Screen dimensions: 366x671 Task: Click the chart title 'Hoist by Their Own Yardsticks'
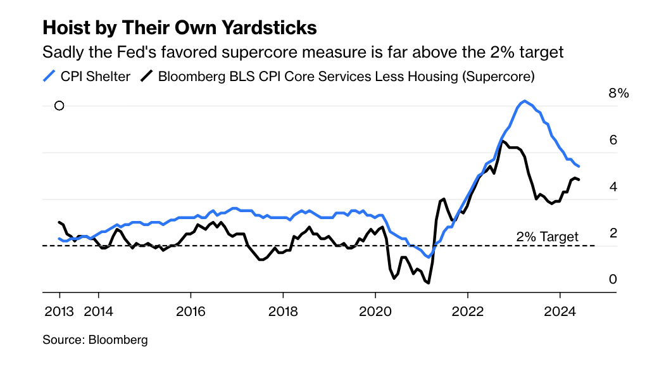179,28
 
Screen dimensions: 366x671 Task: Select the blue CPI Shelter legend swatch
49,77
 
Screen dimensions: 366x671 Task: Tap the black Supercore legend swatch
147,77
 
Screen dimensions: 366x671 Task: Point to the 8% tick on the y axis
618,93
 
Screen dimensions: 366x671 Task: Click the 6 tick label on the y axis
613,140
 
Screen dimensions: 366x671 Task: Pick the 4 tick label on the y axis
613,187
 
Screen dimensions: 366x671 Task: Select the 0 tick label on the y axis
613,279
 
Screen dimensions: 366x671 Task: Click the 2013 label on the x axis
60,311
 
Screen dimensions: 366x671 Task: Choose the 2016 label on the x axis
191,311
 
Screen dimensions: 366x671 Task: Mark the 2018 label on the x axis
283,311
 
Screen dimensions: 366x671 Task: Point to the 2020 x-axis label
375,311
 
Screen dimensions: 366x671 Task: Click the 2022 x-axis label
468,311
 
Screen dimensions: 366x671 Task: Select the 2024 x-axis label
560,311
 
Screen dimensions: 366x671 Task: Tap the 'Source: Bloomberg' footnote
95,340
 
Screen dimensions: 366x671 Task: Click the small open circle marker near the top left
60,106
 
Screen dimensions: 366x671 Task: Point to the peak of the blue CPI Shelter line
524,101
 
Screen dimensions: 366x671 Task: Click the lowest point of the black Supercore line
429,282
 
